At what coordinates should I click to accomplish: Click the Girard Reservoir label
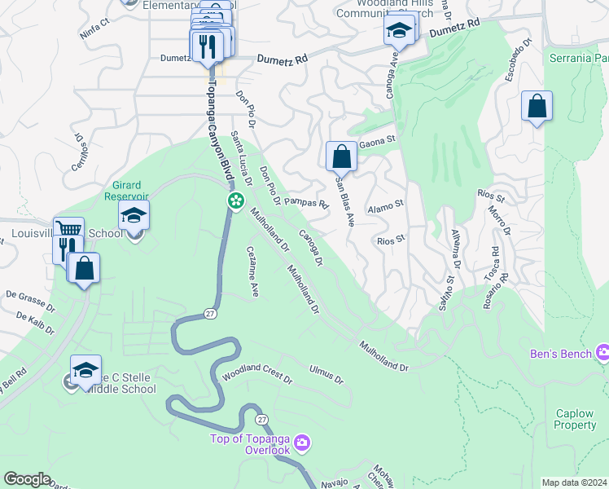coord(126,191)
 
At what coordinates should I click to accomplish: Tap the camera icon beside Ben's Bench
coord(602,353)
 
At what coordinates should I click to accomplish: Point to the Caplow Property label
coord(575,419)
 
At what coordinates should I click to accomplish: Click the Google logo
coord(27,479)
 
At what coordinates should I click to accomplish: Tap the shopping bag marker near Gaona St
coord(341,156)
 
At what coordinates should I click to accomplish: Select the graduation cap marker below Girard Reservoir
coord(134,216)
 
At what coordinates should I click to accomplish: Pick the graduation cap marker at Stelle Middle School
coord(85,370)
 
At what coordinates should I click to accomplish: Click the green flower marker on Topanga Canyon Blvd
coord(235,200)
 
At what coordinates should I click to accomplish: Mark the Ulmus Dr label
coord(326,374)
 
